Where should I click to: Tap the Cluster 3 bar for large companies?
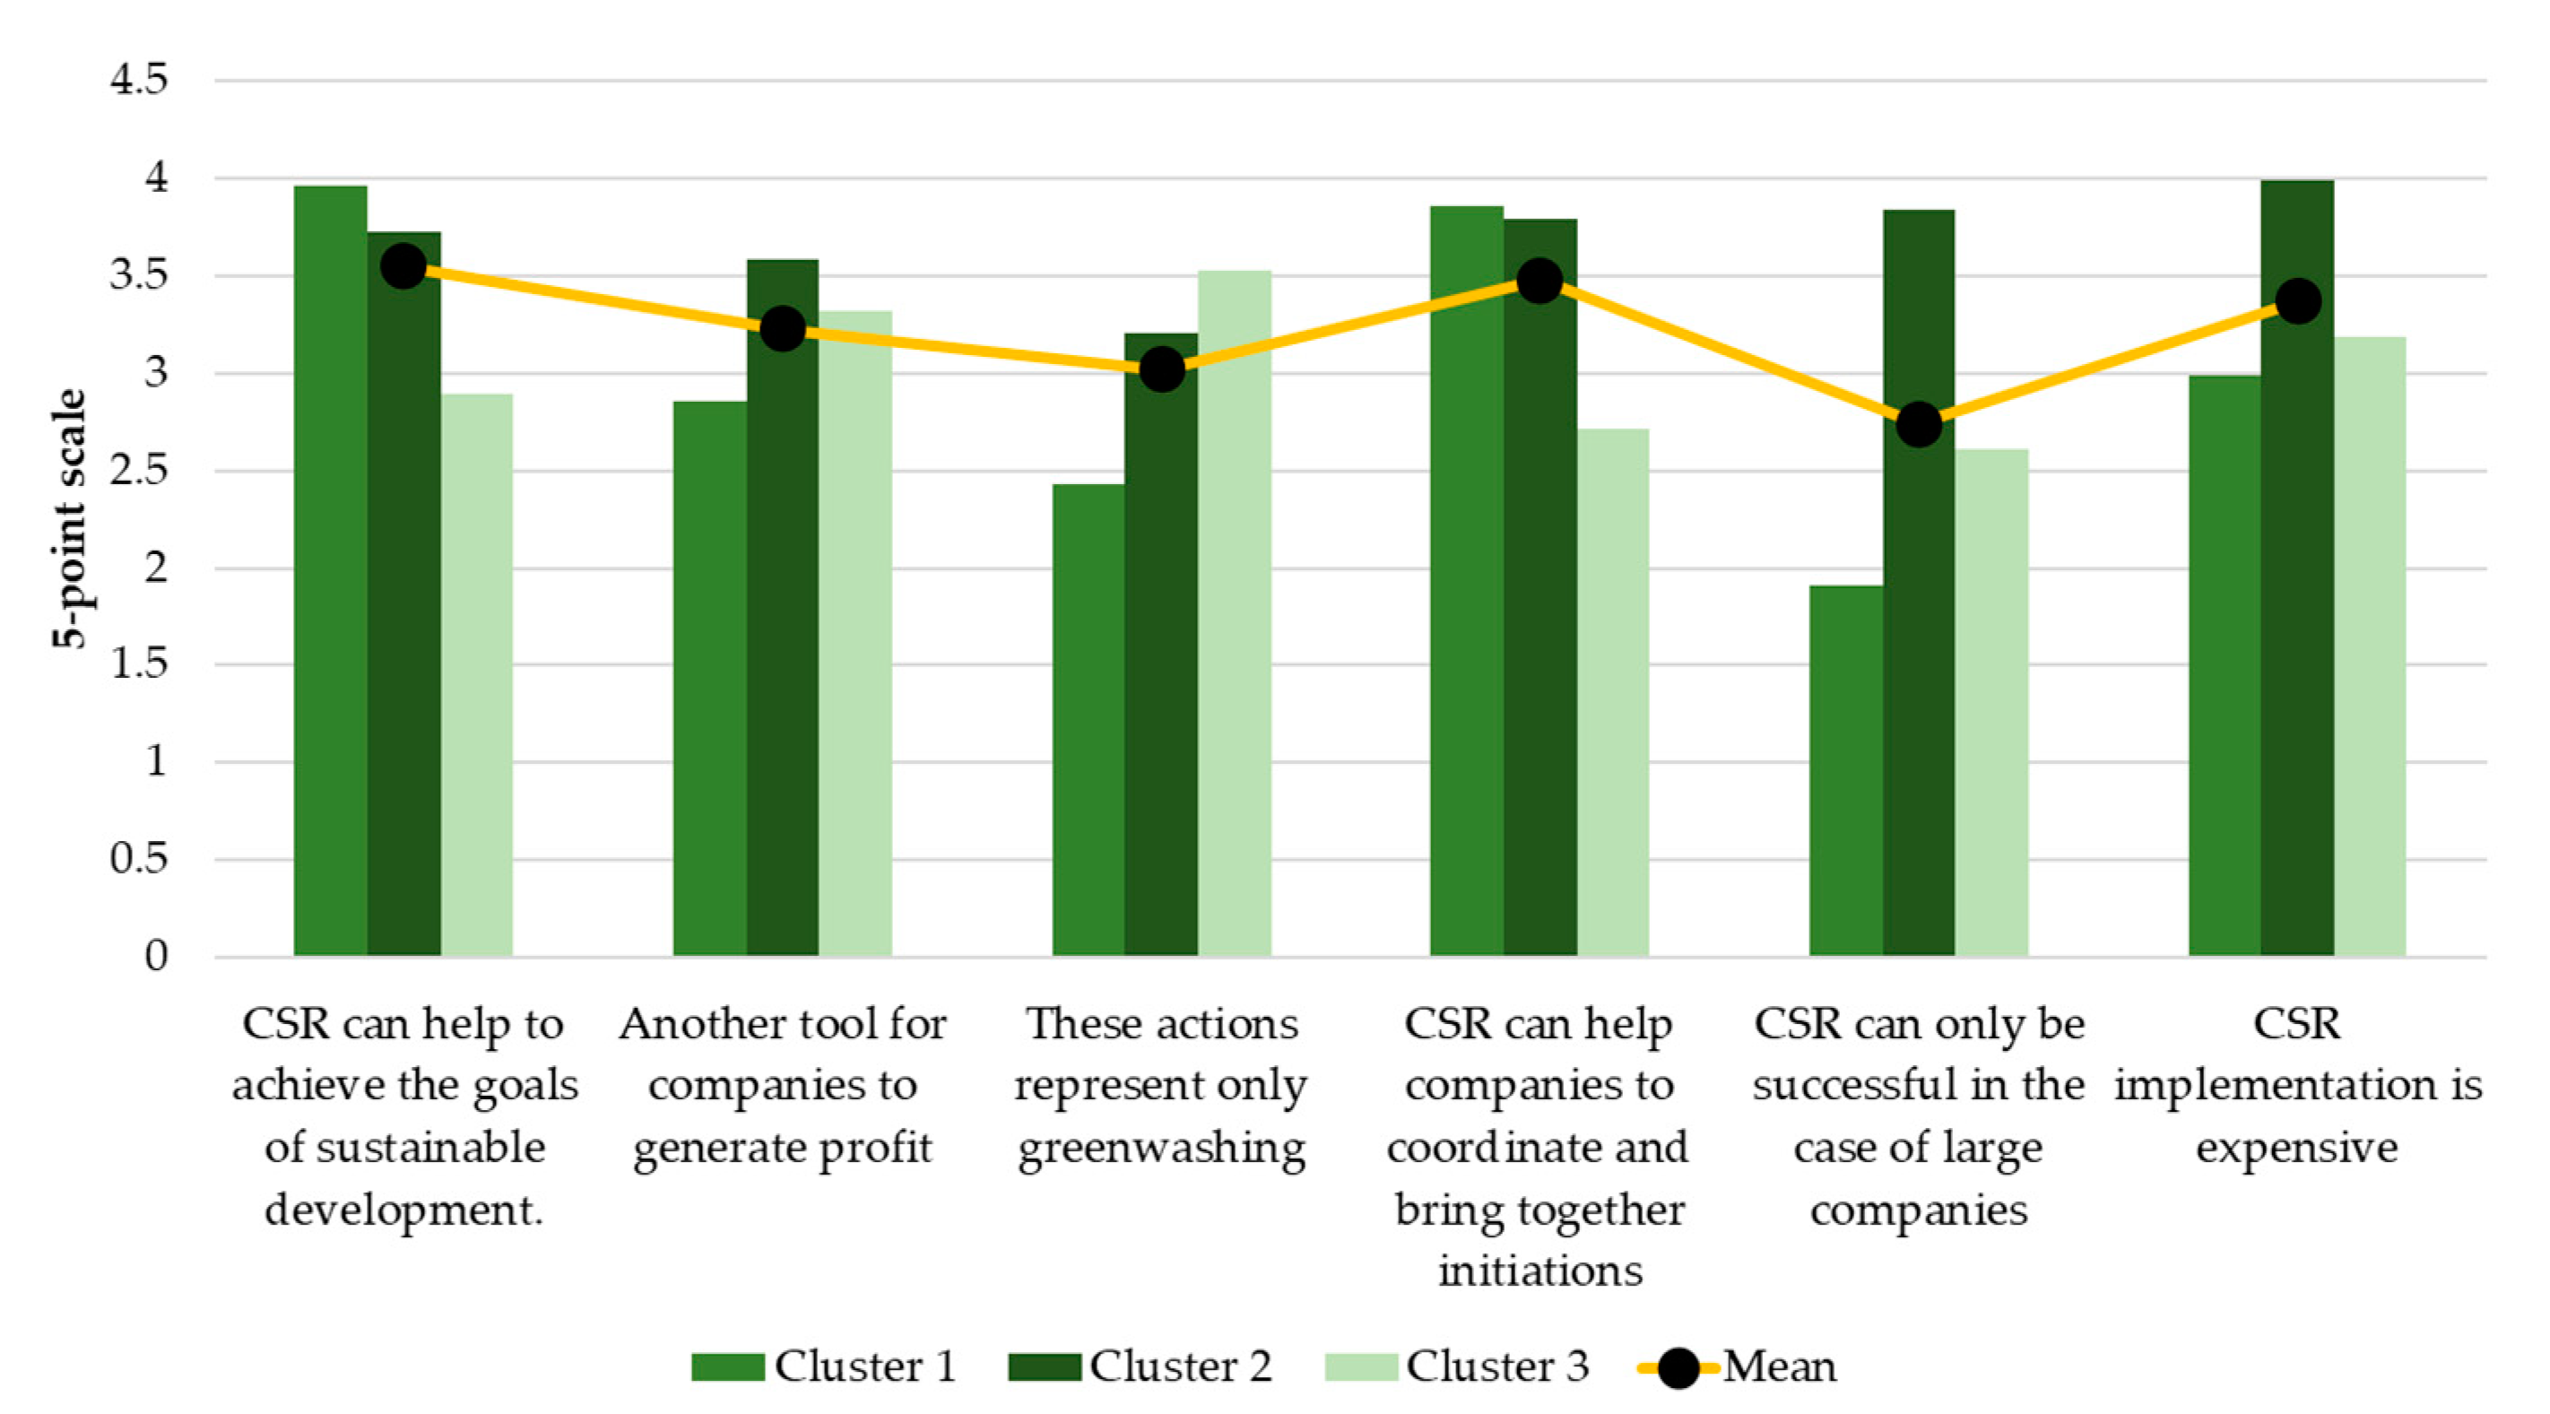coord(1991,702)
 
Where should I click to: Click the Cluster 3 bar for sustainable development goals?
coord(476,674)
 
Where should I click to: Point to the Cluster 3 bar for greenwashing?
coord(1235,613)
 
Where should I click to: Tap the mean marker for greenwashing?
coord(1162,369)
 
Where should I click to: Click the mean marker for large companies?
coord(1919,425)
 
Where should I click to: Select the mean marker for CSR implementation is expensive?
coord(2297,301)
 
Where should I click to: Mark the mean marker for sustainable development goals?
coord(403,266)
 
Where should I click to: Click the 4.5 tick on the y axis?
coord(140,79)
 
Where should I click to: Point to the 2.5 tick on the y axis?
coord(140,471)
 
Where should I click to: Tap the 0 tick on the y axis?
coord(155,956)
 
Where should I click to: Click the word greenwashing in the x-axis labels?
coord(1162,1149)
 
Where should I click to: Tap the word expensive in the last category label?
coord(2296,1149)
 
